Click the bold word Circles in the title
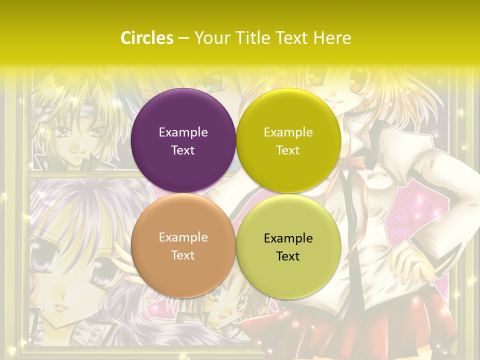[146, 38]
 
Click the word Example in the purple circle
[183, 132]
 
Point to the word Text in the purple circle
[183, 150]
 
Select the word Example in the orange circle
[183, 237]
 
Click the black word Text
[288, 256]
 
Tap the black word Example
[288, 238]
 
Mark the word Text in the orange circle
[183, 255]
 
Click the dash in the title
[183, 38]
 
